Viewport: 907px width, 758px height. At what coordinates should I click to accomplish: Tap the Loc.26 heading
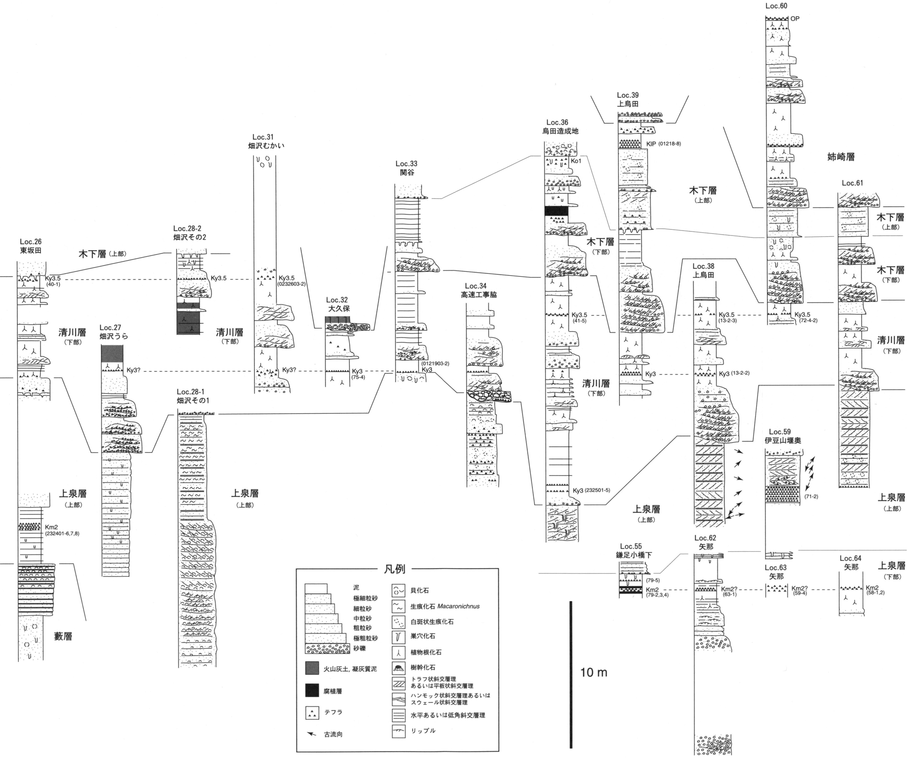coord(31,242)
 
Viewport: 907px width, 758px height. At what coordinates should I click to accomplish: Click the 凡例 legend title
coord(395,569)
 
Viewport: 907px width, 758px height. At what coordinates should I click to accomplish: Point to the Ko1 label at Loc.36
coord(576,161)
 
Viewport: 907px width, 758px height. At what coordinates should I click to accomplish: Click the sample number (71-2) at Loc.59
coord(811,497)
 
